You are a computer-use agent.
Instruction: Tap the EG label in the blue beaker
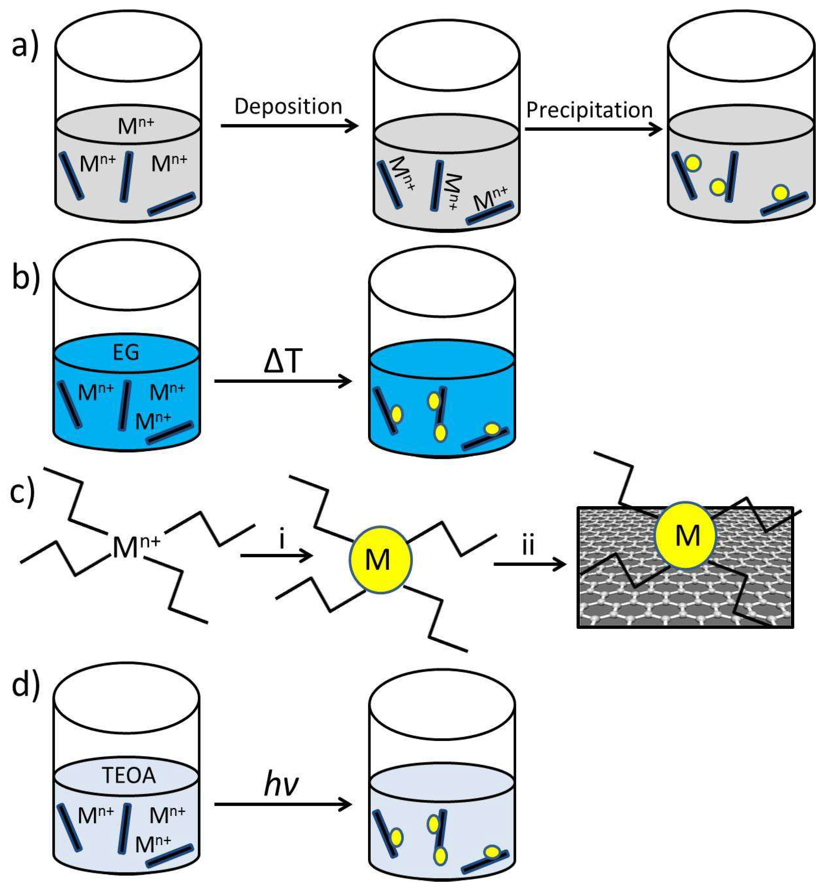click(x=126, y=352)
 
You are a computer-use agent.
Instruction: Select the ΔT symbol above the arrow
click(x=283, y=361)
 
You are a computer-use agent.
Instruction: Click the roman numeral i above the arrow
click(x=282, y=540)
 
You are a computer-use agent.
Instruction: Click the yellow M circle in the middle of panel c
click(x=380, y=560)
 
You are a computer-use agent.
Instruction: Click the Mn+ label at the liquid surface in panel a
click(x=135, y=125)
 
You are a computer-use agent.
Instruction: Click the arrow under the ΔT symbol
click(x=283, y=382)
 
